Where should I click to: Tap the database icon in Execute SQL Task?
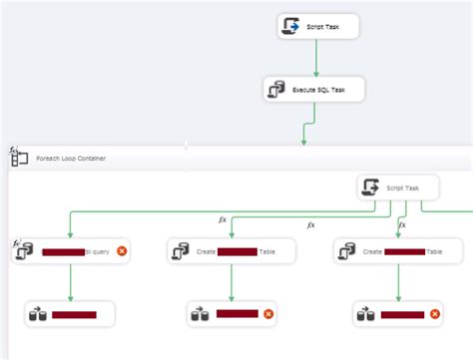[277, 90]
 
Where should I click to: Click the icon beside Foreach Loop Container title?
[19, 157]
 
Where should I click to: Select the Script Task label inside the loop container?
[405, 187]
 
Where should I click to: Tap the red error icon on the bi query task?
[122, 252]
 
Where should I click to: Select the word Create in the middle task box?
[207, 252]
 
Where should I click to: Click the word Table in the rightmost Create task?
[434, 252]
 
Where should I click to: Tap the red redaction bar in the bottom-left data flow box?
[74, 315]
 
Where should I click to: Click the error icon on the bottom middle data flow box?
[268, 315]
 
